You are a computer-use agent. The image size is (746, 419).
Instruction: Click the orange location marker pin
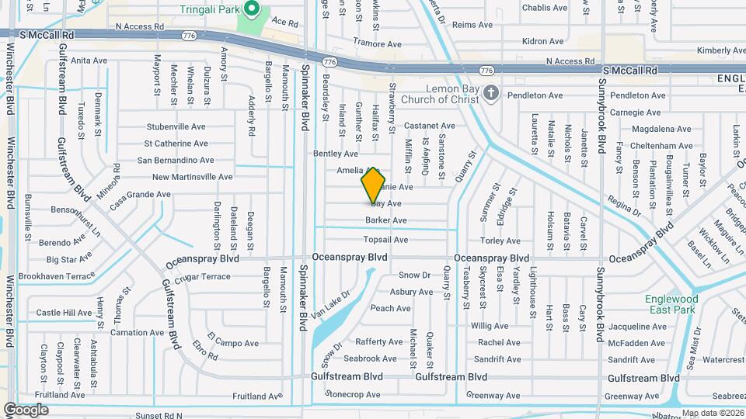[374, 185]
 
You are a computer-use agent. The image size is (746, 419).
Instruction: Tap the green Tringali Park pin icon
[252, 10]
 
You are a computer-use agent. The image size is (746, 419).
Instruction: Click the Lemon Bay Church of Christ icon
[490, 94]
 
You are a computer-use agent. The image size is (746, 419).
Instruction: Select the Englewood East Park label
[671, 304]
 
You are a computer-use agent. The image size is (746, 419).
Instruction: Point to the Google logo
[26, 409]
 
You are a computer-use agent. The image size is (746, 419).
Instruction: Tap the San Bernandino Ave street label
[176, 161]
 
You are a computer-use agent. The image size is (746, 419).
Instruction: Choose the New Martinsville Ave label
[192, 177]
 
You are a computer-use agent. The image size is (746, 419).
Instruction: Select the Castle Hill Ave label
[64, 313]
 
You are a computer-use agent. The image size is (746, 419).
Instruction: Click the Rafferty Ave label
[378, 342]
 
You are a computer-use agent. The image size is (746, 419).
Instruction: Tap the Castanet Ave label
[429, 126]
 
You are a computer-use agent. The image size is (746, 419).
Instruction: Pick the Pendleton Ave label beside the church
[535, 95]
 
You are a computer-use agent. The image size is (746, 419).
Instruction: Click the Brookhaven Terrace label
[57, 276]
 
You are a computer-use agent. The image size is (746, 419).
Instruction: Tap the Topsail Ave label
[386, 240]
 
